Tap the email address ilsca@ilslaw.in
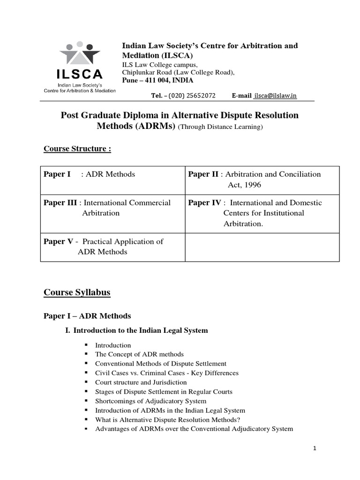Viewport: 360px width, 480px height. pyautogui.click(x=275, y=96)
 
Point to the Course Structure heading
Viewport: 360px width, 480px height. pyautogui.click(x=77, y=149)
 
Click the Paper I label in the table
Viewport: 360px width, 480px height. pyautogui.click(x=57, y=174)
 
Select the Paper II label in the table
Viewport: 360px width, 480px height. pyautogui.click(x=203, y=174)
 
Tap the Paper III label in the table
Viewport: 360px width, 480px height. pyautogui.click(x=60, y=203)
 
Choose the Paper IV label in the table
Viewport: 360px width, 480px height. pyautogui.click(x=204, y=203)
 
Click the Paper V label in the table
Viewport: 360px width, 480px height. pyautogui.click(x=59, y=241)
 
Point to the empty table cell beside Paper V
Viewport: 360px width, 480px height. pyautogui.click(x=262, y=247)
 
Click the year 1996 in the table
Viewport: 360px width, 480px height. pyautogui.click(x=251, y=185)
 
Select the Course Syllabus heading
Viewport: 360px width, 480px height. pyautogui.click(x=77, y=292)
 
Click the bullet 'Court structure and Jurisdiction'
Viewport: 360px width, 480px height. pyautogui.click(x=141, y=382)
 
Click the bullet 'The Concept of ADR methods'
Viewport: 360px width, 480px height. pyautogui.click(x=139, y=354)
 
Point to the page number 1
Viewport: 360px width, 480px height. pyautogui.click(x=315, y=449)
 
